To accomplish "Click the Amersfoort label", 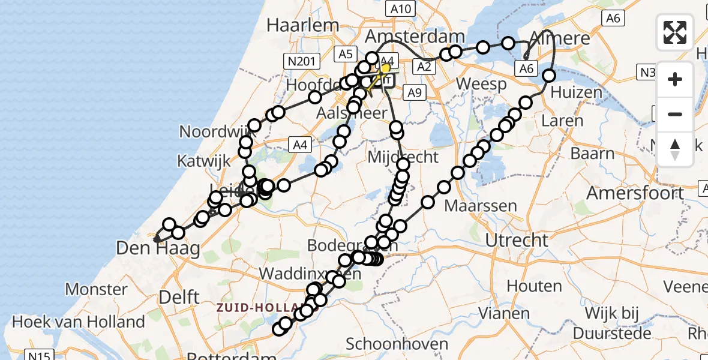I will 635,193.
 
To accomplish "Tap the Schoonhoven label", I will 397,344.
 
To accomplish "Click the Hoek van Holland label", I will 79,322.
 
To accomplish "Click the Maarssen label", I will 481,206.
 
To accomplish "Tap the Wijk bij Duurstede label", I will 609,322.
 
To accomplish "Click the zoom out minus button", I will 675,114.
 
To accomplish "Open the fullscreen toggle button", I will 675,32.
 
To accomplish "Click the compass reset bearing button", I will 675,149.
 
